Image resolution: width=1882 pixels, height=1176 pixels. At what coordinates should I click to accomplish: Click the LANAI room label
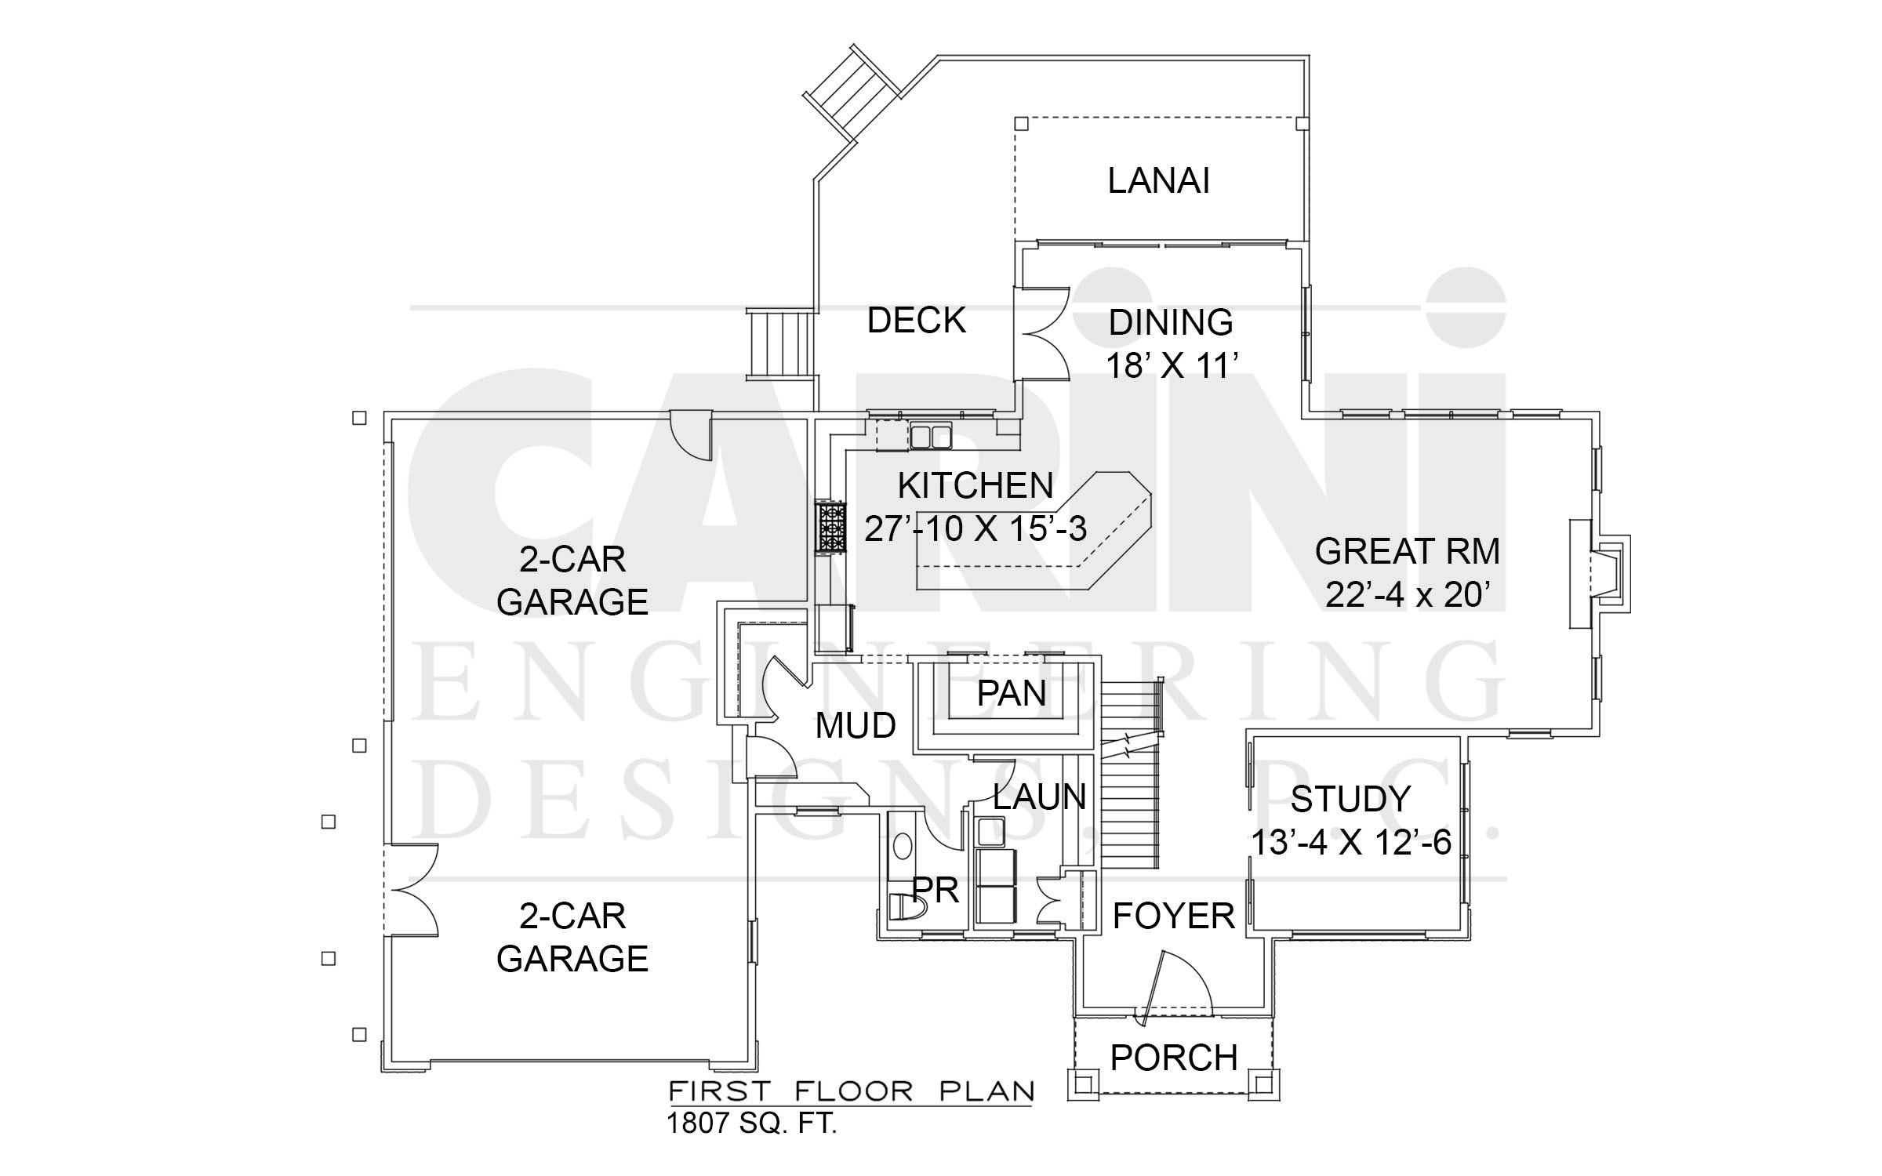coord(1158,181)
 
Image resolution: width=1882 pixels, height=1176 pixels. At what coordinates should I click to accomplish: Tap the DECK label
coord(916,321)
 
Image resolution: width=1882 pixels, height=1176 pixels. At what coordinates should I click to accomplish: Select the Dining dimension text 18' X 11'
coord(1172,365)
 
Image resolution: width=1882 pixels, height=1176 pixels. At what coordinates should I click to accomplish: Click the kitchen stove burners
coord(831,528)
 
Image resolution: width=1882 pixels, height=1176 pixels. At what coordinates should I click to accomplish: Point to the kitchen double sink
coord(931,435)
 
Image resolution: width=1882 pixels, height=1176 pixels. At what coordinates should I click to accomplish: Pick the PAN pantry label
coord(1012,694)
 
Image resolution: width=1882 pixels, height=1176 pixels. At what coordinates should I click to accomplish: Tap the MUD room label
coord(856,726)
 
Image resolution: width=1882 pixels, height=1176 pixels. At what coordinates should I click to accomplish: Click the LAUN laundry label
coord(1040,797)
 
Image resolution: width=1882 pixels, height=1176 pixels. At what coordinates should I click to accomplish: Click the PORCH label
coord(1174,1058)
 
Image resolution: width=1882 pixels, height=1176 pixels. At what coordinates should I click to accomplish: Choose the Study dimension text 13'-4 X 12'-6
coord(1351,844)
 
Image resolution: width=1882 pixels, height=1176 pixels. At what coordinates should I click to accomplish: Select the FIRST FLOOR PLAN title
coord(851,1091)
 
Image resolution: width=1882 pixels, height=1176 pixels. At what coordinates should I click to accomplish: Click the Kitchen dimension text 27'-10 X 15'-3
coord(976,529)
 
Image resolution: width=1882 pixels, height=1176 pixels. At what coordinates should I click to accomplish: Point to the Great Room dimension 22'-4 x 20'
coord(1408,596)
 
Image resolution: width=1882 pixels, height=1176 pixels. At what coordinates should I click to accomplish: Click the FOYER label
coord(1174,916)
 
